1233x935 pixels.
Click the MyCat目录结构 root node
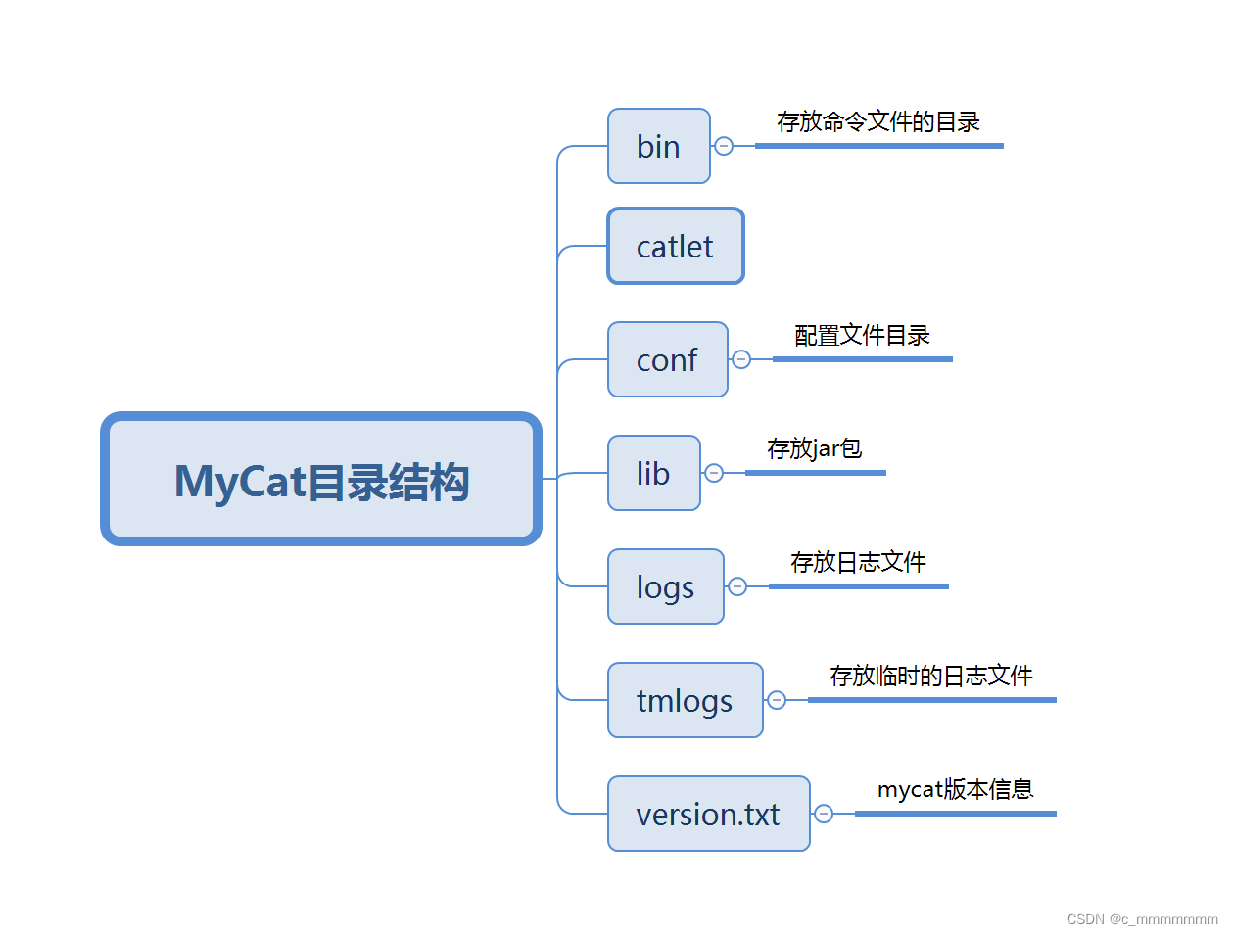(321, 480)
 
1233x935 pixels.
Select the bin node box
(658, 146)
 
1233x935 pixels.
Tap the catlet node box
(675, 246)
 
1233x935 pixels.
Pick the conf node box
(667, 359)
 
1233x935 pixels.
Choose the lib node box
(653, 473)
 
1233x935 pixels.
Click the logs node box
(665, 586)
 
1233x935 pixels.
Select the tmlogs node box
(685, 700)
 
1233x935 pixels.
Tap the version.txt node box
(708, 814)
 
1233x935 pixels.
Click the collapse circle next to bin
(724, 146)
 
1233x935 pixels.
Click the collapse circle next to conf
(741, 359)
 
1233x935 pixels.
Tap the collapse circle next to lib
(714, 473)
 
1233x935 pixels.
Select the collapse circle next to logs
(737, 586)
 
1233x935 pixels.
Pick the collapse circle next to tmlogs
(777, 700)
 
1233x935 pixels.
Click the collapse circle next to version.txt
(824, 814)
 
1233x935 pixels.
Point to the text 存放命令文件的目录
(878, 122)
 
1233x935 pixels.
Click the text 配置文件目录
(862, 336)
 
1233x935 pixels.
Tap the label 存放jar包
(814, 449)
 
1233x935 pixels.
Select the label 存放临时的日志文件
(930, 677)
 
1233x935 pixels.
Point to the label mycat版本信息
(955, 790)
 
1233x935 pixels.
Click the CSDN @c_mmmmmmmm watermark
(1142, 919)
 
